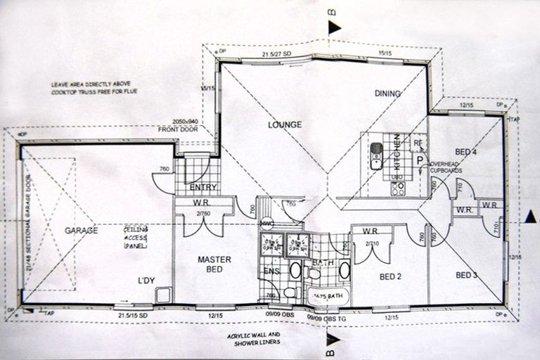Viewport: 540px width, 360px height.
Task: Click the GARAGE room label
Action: pos(81,230)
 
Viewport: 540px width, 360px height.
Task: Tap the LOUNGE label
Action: pos(285,125)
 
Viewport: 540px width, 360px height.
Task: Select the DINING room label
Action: pos(387,94)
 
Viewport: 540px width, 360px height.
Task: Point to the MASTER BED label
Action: pos(210,264)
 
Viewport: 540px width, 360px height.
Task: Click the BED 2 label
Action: pos(390,276)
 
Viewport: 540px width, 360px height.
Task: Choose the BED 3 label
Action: pos(467,274)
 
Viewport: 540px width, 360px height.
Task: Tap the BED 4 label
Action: pos(466,151)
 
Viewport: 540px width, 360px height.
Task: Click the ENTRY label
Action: pos(203,188)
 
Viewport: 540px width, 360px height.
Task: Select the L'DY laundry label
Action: pos(146,281)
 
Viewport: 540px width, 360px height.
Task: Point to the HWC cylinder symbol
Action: pos(266,224)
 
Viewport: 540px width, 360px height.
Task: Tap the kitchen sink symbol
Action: pos(377,156)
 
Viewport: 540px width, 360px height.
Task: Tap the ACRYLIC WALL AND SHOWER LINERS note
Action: pos(254,338)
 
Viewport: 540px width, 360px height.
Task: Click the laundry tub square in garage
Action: pos(162,295)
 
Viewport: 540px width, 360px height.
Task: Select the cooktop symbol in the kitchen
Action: pos(398,188)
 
